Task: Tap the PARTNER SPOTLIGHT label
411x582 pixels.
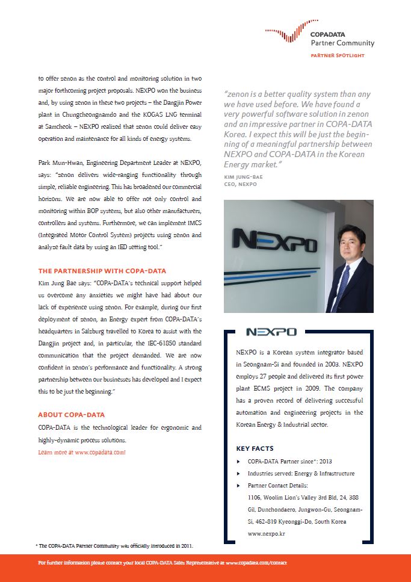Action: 338,55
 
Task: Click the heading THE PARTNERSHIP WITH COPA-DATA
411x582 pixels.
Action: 102,271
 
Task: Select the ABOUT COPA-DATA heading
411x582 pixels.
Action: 71,415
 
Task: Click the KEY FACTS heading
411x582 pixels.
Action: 255,448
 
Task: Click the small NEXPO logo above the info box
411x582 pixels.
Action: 271,332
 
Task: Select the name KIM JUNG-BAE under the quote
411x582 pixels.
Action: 243,178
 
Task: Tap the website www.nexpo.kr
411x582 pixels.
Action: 267,534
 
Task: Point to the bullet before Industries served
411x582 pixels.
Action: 239,474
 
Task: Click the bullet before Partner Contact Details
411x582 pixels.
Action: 239,486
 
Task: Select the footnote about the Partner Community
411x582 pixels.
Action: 114,546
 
